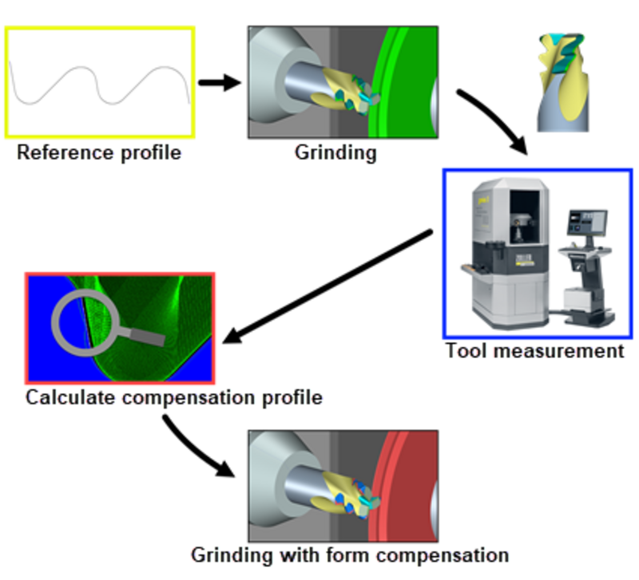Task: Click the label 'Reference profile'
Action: (99, 152)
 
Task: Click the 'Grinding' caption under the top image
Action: (335, 152)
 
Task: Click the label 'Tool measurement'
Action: (534, 350)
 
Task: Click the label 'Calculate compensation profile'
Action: (174, 397)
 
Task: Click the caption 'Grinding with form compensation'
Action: (350, 554)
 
